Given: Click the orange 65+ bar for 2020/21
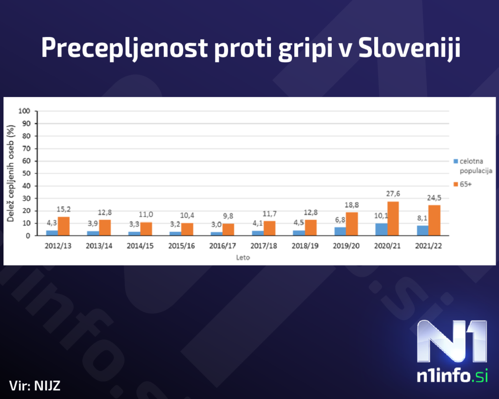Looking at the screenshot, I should (393, 218).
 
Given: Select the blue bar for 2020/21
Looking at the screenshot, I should (381, 229).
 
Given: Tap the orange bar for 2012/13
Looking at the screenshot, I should (64, 226).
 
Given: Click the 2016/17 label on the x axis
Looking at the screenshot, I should (222, 246).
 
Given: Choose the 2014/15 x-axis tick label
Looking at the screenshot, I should (140, 246).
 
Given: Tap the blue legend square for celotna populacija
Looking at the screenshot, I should (455, 161).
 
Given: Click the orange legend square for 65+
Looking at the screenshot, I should (455, 184).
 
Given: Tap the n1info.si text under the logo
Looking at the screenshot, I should (452, 376).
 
